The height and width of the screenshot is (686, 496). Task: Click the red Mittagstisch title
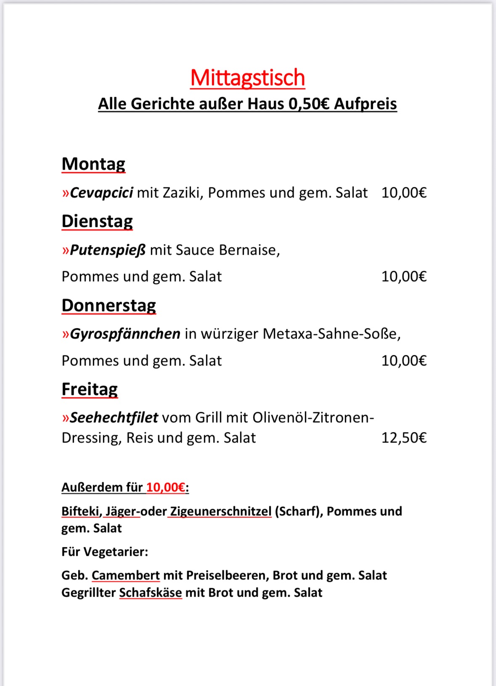247,78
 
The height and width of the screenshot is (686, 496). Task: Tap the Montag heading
93,164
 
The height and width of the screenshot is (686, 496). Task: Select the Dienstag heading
97,221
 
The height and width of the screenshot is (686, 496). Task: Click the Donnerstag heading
109,305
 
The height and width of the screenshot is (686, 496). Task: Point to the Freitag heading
90,389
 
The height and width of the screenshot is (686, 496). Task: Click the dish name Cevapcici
101,193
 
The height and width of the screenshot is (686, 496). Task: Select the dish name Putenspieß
108,250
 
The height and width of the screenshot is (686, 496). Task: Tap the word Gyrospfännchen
125,334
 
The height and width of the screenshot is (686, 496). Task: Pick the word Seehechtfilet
114,418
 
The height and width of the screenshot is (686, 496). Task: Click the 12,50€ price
404,438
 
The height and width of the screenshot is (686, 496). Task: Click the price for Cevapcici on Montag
404,193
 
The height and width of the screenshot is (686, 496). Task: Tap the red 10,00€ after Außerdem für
166,487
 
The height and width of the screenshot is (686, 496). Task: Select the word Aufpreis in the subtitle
365,104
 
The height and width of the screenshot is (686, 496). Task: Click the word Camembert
126,575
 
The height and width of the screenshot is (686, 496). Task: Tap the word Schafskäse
151,593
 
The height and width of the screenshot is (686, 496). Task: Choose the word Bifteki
80,511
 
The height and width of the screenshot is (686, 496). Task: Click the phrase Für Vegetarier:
105,552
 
